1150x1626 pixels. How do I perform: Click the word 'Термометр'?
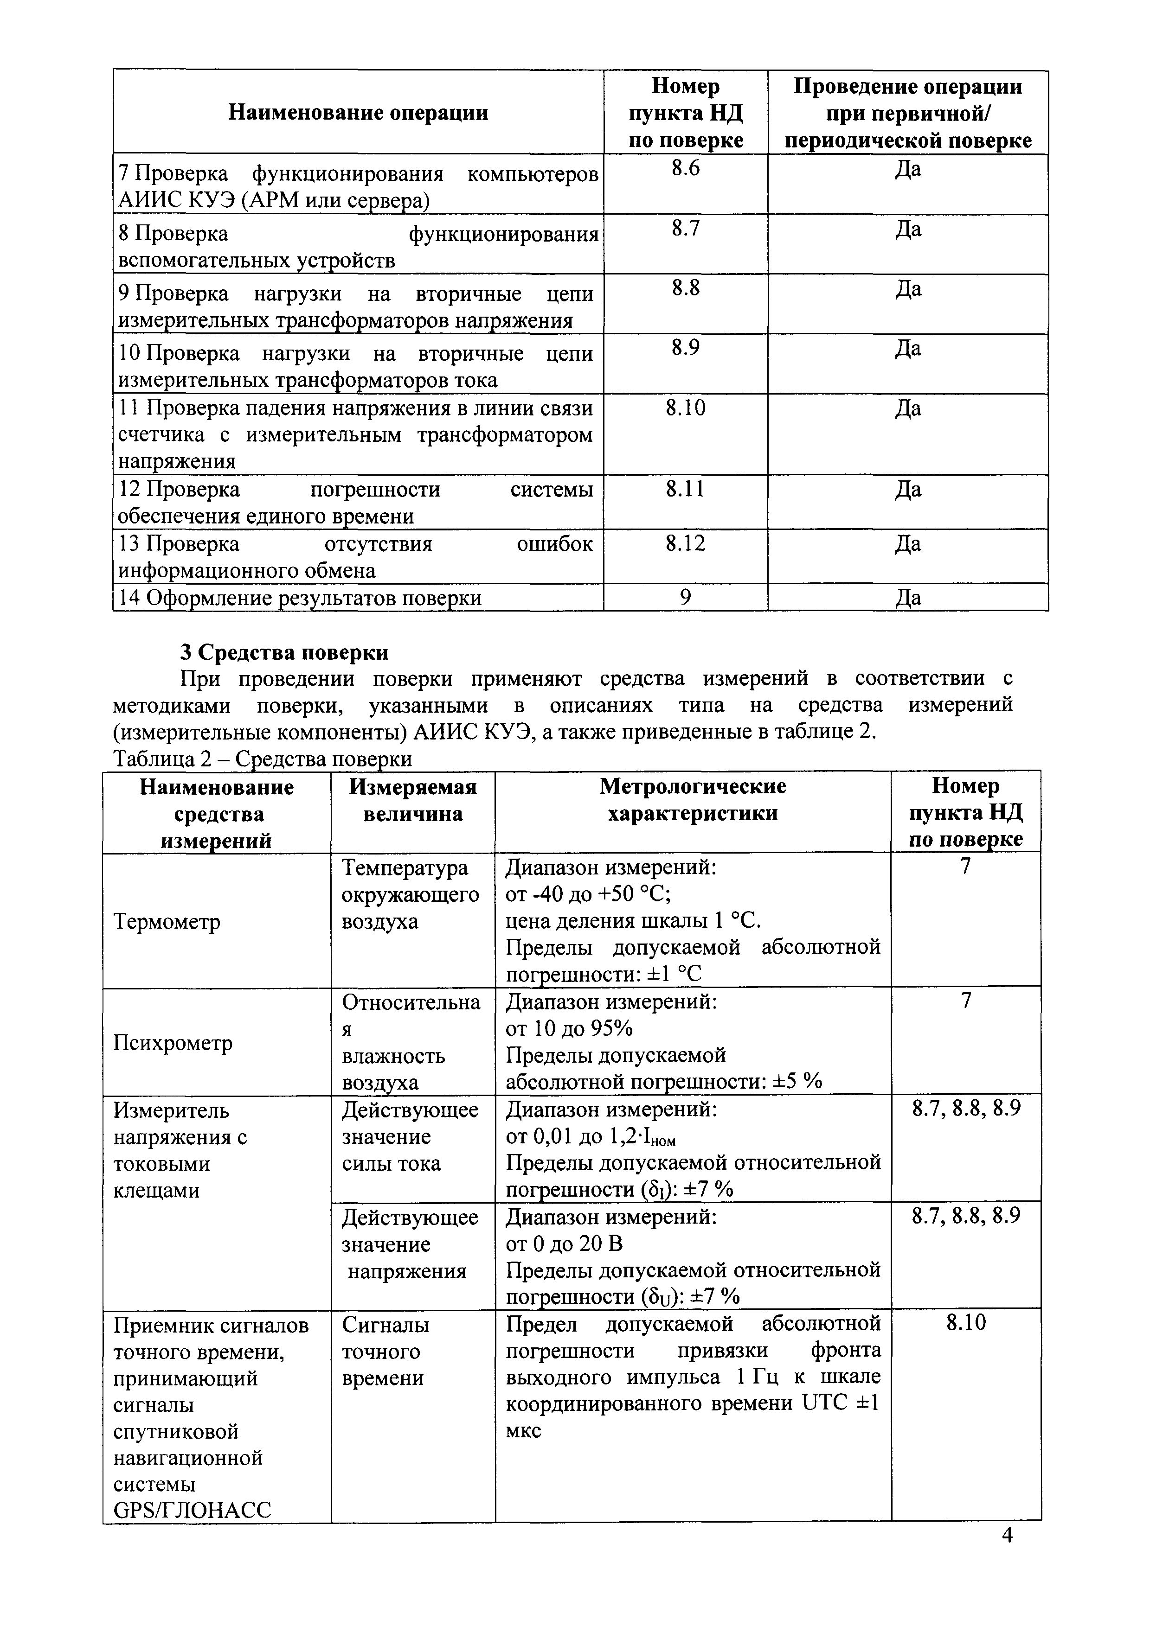167,921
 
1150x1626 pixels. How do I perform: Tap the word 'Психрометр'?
173,1043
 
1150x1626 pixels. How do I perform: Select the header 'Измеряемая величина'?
412,800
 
